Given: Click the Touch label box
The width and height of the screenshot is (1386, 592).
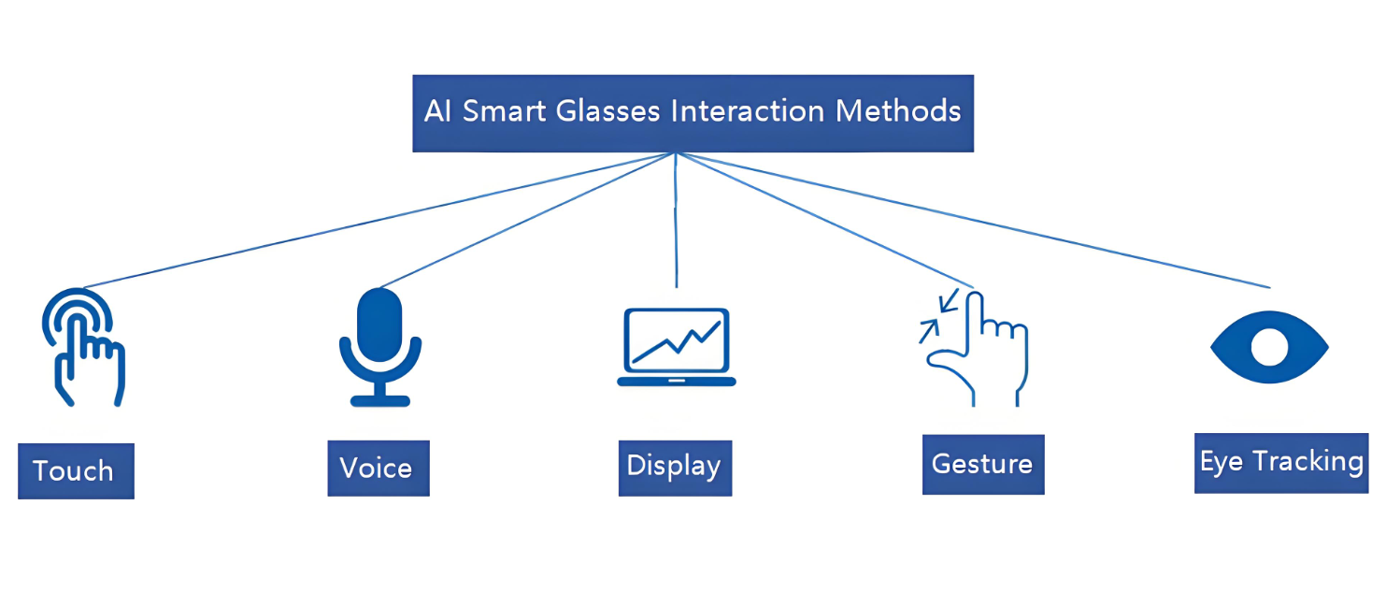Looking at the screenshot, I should coord(76,470).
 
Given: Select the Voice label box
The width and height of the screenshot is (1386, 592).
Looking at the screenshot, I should coord(378,468).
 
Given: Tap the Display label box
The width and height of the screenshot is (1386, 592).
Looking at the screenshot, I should coord(674,467).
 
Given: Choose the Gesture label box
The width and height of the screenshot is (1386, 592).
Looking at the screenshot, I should coord(982,464).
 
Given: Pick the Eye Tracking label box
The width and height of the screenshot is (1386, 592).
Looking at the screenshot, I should coord(1280,462).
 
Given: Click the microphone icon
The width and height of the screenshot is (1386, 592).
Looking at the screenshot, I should coord(379,346).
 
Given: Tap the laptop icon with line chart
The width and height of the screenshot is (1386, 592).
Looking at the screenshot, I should coord(676,347).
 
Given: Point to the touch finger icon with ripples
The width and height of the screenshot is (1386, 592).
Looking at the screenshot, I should coord(83,346).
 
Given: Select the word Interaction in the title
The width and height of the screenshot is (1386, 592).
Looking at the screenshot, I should coord(749,111).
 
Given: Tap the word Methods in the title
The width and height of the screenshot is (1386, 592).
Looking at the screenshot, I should coord(898,111).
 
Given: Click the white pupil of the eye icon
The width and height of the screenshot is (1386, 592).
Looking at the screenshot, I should coord(1268,348).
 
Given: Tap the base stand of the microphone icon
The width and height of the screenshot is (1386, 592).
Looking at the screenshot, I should coord(379,400).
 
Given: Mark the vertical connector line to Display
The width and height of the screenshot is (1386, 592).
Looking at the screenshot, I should coord(675,224).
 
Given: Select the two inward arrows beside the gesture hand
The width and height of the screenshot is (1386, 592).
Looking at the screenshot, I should coord(938,316).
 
